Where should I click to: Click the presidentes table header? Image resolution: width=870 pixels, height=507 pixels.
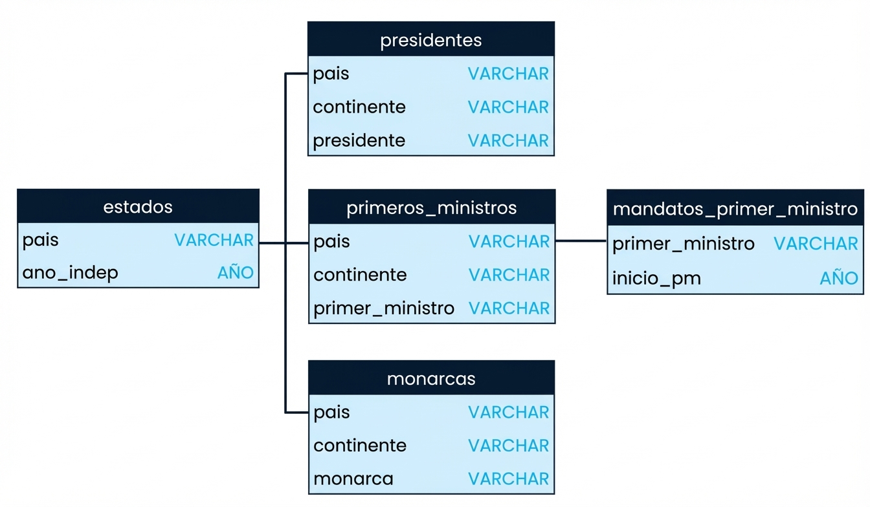[x=431, y=40]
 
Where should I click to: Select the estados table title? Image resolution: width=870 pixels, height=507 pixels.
[x=138, y=207]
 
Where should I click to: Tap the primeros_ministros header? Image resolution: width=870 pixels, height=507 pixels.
[x=432, y=208]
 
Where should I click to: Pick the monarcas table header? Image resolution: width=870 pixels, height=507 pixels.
[x=431, y=378]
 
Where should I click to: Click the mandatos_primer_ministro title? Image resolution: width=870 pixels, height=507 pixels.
[x=735, y=209]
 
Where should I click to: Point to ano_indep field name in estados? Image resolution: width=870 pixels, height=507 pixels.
[x=71, y=273]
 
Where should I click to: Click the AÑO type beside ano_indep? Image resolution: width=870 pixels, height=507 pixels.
[x=236, y=273]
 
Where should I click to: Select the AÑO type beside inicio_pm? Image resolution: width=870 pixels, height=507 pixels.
[x=838, y=279]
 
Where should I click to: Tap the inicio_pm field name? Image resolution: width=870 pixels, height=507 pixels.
[x=656, y=279]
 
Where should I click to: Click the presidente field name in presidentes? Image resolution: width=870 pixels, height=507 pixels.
[x=359, y=140]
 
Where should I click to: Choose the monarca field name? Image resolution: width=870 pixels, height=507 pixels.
[x=353, y=479]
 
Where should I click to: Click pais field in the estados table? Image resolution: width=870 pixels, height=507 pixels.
[x=41, y=240]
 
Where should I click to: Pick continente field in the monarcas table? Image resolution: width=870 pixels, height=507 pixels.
[x=360, y=445]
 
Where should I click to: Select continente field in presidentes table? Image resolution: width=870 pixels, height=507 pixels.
[x=359, y=107]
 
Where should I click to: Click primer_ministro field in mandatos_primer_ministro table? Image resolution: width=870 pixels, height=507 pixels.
[x=684, y=244]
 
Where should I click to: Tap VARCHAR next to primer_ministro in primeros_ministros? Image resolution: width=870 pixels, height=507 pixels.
[x=509, y=308]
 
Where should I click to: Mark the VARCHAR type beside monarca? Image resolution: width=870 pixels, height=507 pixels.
[x=509, y=479]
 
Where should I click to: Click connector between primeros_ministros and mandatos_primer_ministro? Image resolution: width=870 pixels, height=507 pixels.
[x=581, y=241]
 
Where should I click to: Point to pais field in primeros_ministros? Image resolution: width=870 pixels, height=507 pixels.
[x=331, y=241]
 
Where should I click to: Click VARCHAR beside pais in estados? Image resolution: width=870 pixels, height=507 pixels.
[x=214, y=240]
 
